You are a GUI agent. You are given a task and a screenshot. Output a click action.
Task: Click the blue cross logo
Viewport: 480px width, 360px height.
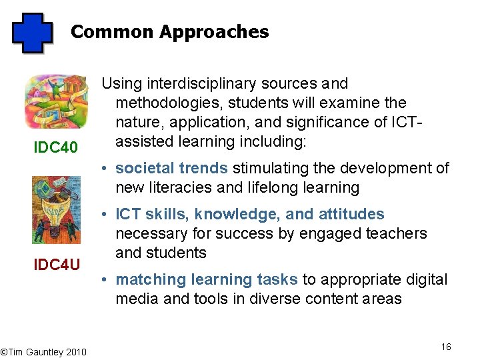pyautogui.click(x=32, y=33)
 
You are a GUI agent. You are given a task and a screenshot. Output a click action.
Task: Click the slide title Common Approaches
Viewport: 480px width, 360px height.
pyautogui.click(x=169, y=32)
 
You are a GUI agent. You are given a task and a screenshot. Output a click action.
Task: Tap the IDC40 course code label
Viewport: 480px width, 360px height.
pyautogui.click(x=56, y=146)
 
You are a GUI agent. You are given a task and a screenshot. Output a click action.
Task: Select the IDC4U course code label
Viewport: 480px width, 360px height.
pyautogui.click(x=57, y=265)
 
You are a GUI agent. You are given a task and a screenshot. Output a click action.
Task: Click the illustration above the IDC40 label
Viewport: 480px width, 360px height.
pyautogui.click(x=56, y=101)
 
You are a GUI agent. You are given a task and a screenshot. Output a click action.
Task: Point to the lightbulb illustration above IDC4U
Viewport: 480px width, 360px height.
pyautogui.click(x=56, y=210)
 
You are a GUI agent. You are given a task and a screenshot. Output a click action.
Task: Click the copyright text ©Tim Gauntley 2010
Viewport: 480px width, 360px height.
pyautogui.click(x=43, y=351)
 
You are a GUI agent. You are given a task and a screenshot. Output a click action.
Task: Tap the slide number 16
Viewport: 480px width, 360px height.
pyautogui.click(x=446, y=347)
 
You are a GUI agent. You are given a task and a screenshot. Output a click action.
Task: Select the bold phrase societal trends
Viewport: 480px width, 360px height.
pyautogui.click(x=172, y=169)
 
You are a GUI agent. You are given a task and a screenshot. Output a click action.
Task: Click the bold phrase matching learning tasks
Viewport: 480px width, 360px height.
pyautogui.click(x=207, y=280)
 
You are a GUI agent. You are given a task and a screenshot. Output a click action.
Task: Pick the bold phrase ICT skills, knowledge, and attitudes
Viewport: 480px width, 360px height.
pyautogui.click(x=250, y=215)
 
